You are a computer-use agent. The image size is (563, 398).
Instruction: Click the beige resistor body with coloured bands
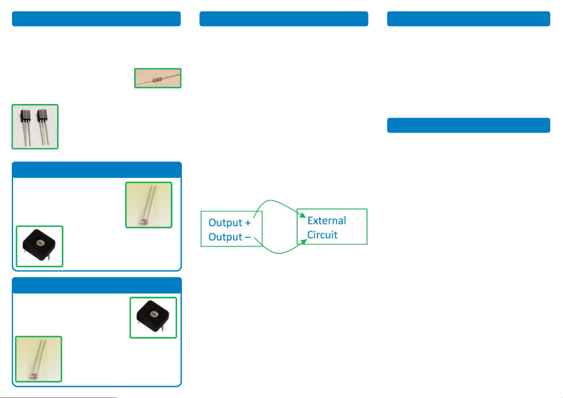(157, 80)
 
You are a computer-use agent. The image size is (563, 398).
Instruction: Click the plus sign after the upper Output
(248, 223)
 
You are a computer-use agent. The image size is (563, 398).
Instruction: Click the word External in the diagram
(326, 221)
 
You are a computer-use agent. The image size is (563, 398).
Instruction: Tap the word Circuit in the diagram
(322, 235)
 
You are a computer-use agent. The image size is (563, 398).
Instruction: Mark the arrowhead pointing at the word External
(302, 215)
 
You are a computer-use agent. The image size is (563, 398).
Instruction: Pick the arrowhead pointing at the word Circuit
(303, 242)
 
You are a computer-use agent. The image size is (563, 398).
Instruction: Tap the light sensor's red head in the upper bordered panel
(144, 222)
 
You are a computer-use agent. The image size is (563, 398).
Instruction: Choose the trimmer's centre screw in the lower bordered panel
(154, 314)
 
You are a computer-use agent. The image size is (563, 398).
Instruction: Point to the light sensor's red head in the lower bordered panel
(34, 376)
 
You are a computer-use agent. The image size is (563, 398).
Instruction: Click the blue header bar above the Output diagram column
(284, 19)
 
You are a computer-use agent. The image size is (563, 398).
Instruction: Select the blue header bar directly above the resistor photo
(96, 19)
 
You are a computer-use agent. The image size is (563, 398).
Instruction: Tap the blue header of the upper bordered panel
(97, 170)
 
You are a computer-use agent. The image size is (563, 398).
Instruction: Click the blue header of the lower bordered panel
(97, 285)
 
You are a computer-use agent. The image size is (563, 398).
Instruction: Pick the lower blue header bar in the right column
(468, 125)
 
